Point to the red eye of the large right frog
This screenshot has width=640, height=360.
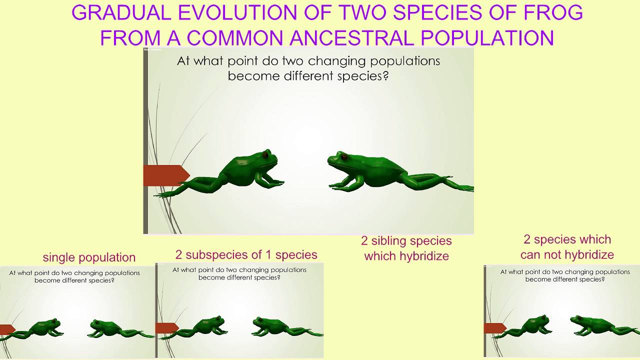pos(344,157)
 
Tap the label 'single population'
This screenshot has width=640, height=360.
pos(89,257)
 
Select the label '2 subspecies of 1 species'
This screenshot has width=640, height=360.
pos(246,254)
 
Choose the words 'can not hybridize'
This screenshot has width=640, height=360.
pos(567,254)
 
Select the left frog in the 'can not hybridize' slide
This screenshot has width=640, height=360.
pos(530,326)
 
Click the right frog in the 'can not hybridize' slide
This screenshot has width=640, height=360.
pos(595,325)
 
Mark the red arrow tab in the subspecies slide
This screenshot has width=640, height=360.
pos(166,328)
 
